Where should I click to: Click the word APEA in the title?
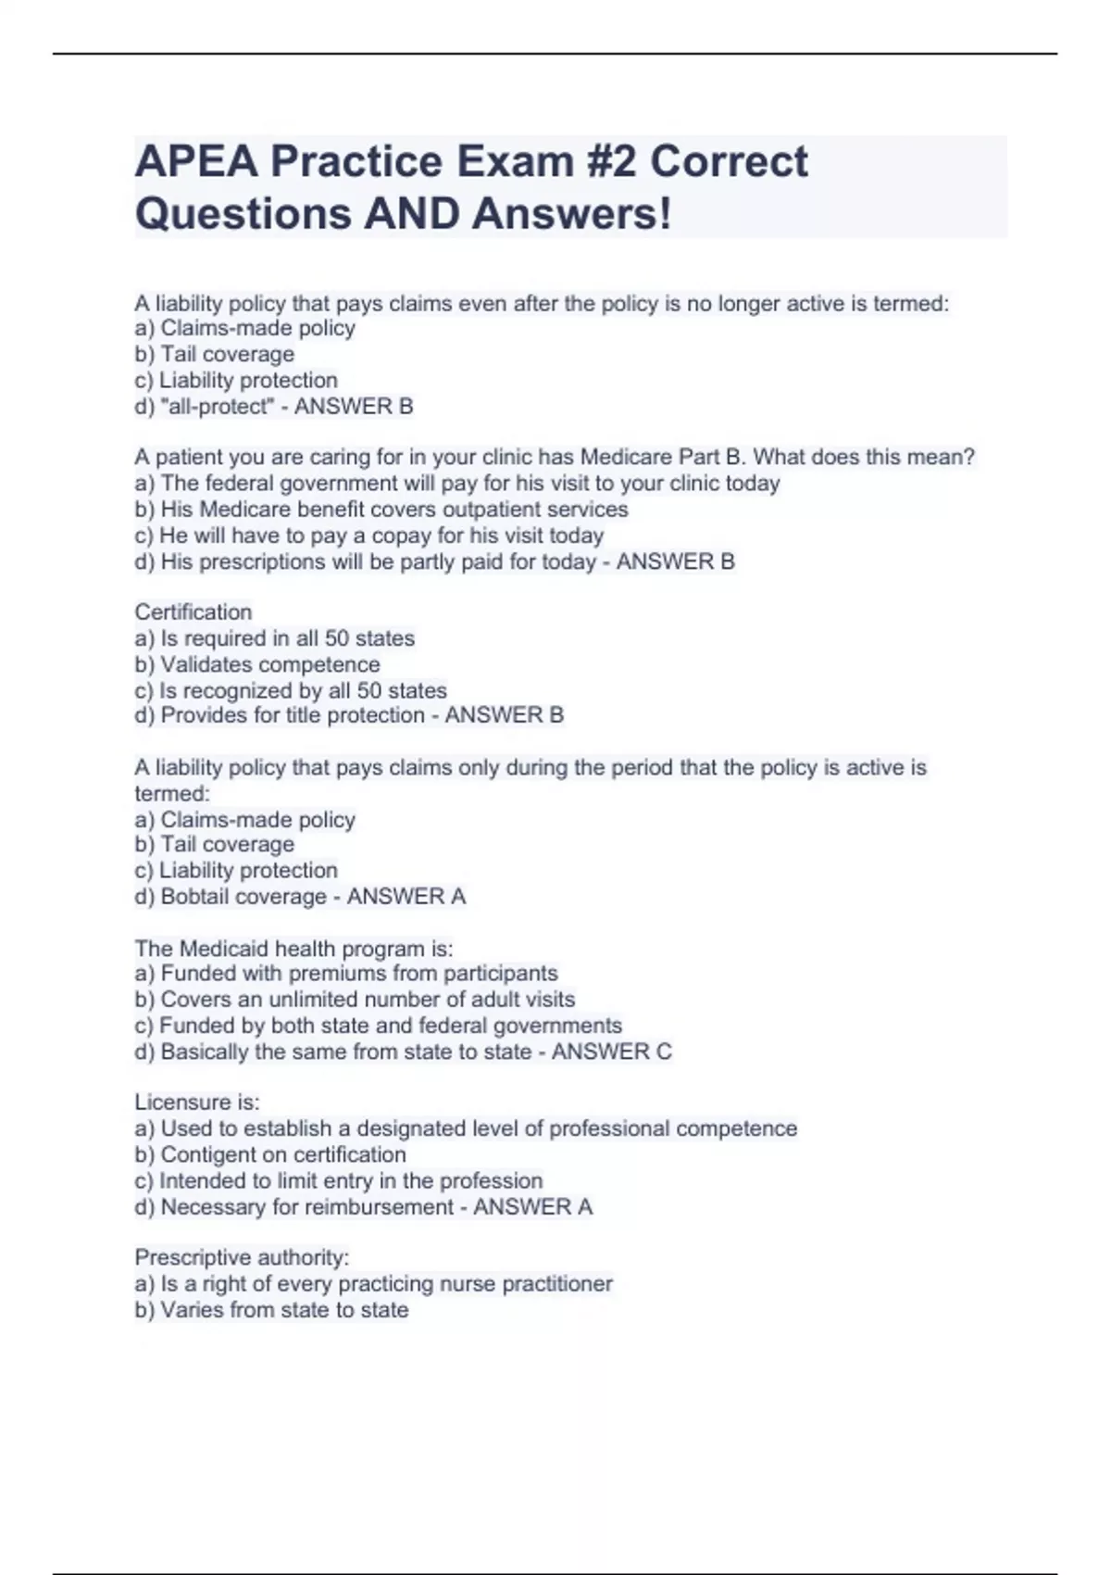coord(197,161)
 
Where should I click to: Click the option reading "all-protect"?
coord(212,407)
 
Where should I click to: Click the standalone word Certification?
coord(193,612)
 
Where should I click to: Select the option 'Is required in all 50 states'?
coord(275,638)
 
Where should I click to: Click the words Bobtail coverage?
coord(243,897)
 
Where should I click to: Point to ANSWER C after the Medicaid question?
coord(611,1052)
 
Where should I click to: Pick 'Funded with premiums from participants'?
coord(346,974)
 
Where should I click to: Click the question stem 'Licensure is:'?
coord(197,1102)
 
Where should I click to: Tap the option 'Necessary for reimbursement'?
coord(295,1207)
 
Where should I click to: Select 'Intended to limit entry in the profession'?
coord(339,1181)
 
